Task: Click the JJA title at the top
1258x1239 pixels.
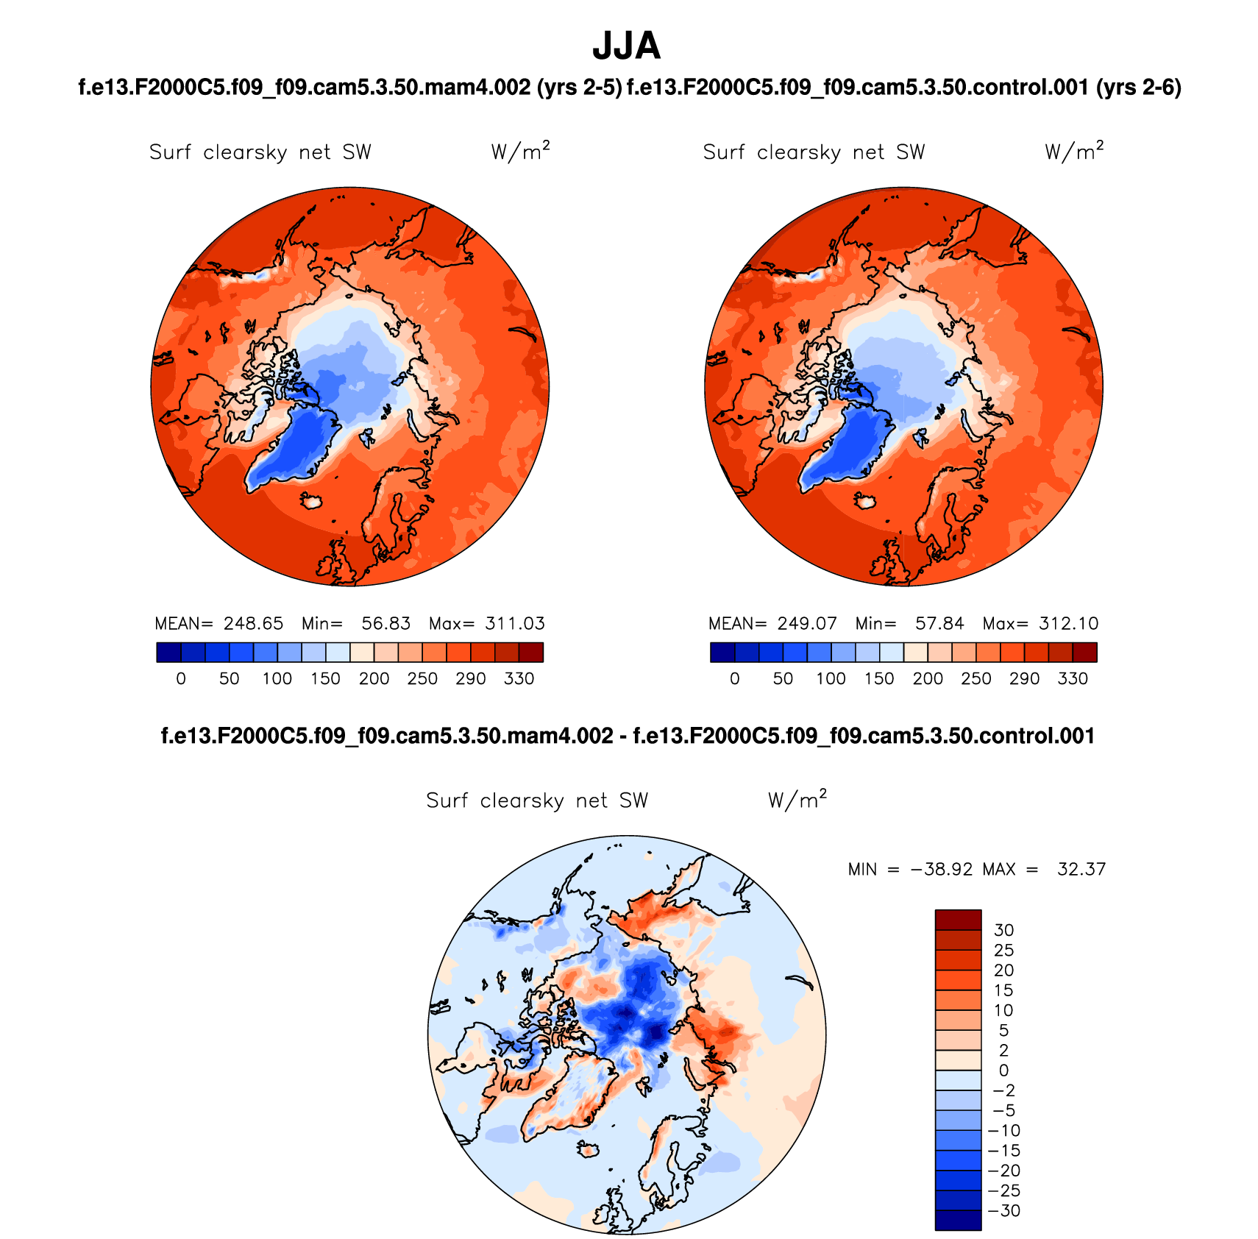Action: tap(627, 46)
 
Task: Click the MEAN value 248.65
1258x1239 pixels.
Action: tap(253, 624)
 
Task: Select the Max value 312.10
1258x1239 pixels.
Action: tap(1068, 624)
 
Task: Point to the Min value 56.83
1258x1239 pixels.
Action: tap(385, 624)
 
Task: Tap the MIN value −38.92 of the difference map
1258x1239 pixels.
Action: tap(941, 870)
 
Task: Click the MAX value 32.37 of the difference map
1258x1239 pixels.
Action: tap(1081, 870)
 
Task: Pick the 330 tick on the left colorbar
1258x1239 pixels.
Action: tap(519, 678)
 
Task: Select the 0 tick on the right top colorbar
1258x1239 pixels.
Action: tap(734, 678)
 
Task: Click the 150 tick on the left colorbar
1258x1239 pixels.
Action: tap(325, 678)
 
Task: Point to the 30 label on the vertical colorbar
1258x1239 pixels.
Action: tap(1003, 931)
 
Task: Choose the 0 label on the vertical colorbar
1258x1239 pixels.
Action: tap(1003, 1071)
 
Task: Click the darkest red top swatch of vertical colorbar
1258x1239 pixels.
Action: tap(958, 920)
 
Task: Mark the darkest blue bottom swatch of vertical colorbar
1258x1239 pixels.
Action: tap(958, 1220)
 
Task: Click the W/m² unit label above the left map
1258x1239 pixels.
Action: tap(520, 152)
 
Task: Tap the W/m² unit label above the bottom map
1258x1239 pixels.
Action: tap(797, 800)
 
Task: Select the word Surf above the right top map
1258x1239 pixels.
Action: tap(724, 152)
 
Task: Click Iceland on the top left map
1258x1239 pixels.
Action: tap(313, 501)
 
